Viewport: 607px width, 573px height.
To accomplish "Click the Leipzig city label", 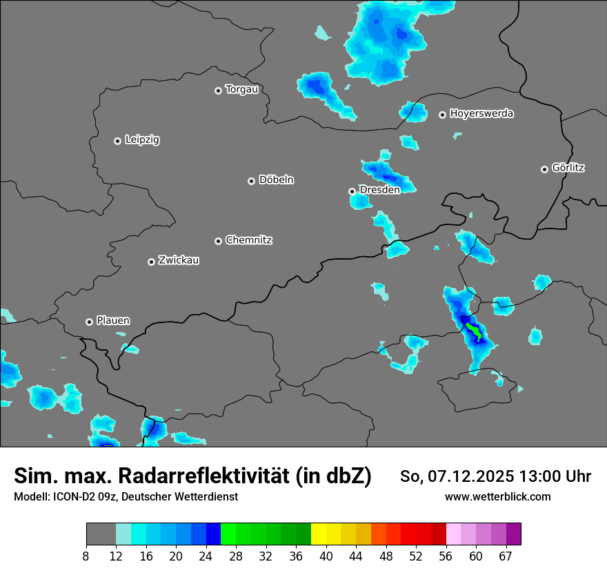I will click(142, 140).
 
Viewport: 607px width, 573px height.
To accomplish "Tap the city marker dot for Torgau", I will click(218, 90).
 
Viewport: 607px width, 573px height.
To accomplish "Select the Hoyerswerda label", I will click(481, 114).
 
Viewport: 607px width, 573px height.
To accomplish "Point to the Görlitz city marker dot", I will click(544, 169).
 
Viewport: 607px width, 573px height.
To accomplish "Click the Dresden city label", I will click(379, 190).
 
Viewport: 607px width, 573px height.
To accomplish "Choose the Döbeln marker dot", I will click(251, 181).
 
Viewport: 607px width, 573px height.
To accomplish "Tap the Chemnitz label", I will click(249, 240).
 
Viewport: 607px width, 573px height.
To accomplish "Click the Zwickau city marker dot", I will click(151, 262).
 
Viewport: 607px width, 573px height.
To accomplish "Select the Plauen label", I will click(113, 321).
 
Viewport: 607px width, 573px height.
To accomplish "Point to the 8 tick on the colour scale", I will click(86, 556).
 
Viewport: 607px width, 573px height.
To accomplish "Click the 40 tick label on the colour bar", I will click(327, 556).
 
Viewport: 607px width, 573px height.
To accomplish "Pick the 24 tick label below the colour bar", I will click(206, 556).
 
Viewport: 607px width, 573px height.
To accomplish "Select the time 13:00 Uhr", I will click(556, 476).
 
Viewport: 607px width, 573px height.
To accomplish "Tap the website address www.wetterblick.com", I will click(498, 497).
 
